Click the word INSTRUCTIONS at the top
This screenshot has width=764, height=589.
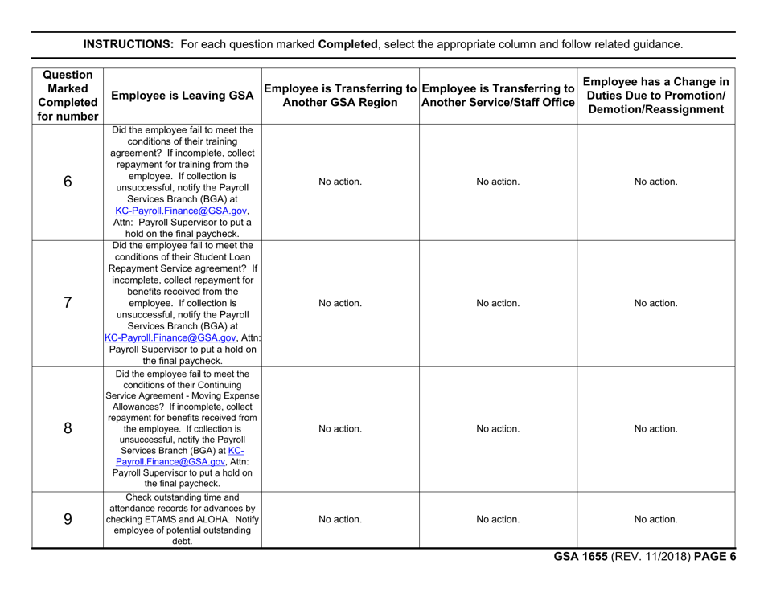[127, 44]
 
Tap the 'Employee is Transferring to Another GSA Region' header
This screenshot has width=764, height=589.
[342, 96]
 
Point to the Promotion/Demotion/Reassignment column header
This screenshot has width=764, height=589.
[657, 96]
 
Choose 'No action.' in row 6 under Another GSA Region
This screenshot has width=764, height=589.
[342, 182]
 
